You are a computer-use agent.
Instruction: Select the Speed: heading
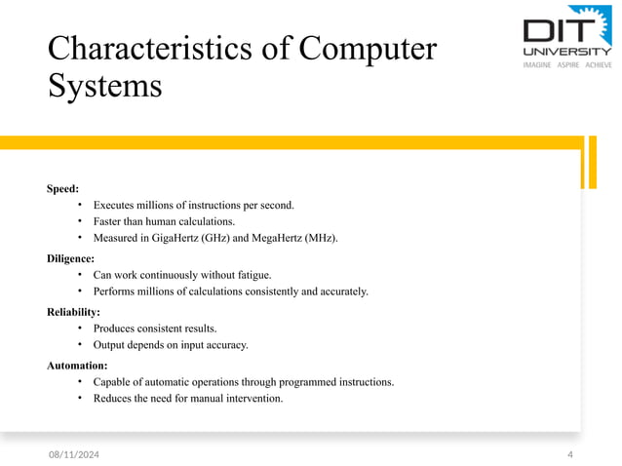click(62, 187)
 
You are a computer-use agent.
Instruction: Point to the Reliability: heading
click(73, 312)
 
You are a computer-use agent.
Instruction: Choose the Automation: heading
click(77, 365)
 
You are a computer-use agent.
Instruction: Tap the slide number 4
click(570, 454)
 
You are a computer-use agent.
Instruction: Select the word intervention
click(253, 398)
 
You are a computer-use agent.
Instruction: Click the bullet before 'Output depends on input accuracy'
click(80, 345)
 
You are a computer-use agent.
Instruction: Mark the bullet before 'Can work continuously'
click(80, 275)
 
